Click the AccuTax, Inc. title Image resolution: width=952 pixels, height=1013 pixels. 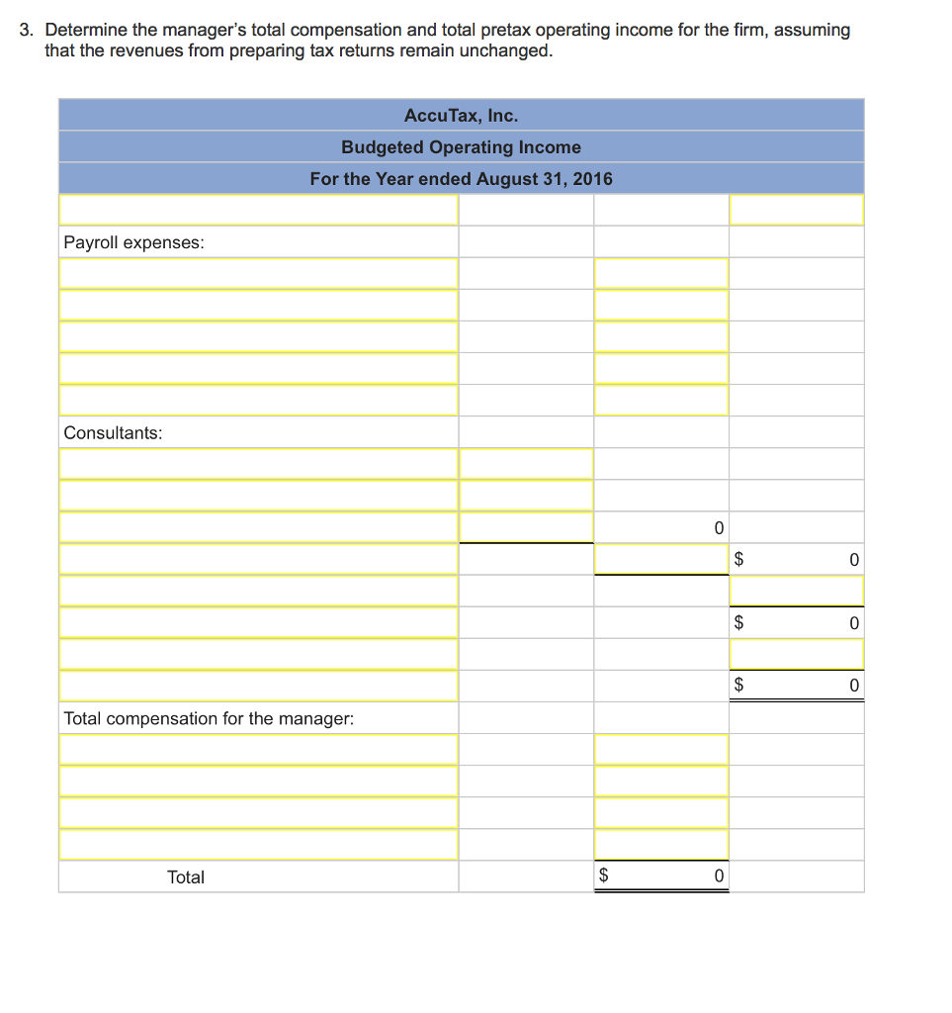461,116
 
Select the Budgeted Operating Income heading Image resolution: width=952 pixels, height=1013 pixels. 461,147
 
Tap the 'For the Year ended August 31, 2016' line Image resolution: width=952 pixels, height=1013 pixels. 461,179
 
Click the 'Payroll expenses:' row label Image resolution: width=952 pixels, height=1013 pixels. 133,242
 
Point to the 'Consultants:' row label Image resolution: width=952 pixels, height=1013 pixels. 113,433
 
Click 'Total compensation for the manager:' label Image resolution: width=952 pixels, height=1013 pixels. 208,718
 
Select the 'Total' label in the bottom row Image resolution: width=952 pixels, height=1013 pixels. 186,876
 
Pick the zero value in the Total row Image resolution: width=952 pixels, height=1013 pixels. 719,876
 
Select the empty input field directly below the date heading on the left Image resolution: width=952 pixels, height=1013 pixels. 258,210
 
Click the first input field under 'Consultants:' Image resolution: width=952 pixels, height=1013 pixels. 258,464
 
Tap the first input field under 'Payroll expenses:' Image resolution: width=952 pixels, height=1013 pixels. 258,274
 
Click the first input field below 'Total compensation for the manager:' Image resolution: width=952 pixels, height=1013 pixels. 258,750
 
